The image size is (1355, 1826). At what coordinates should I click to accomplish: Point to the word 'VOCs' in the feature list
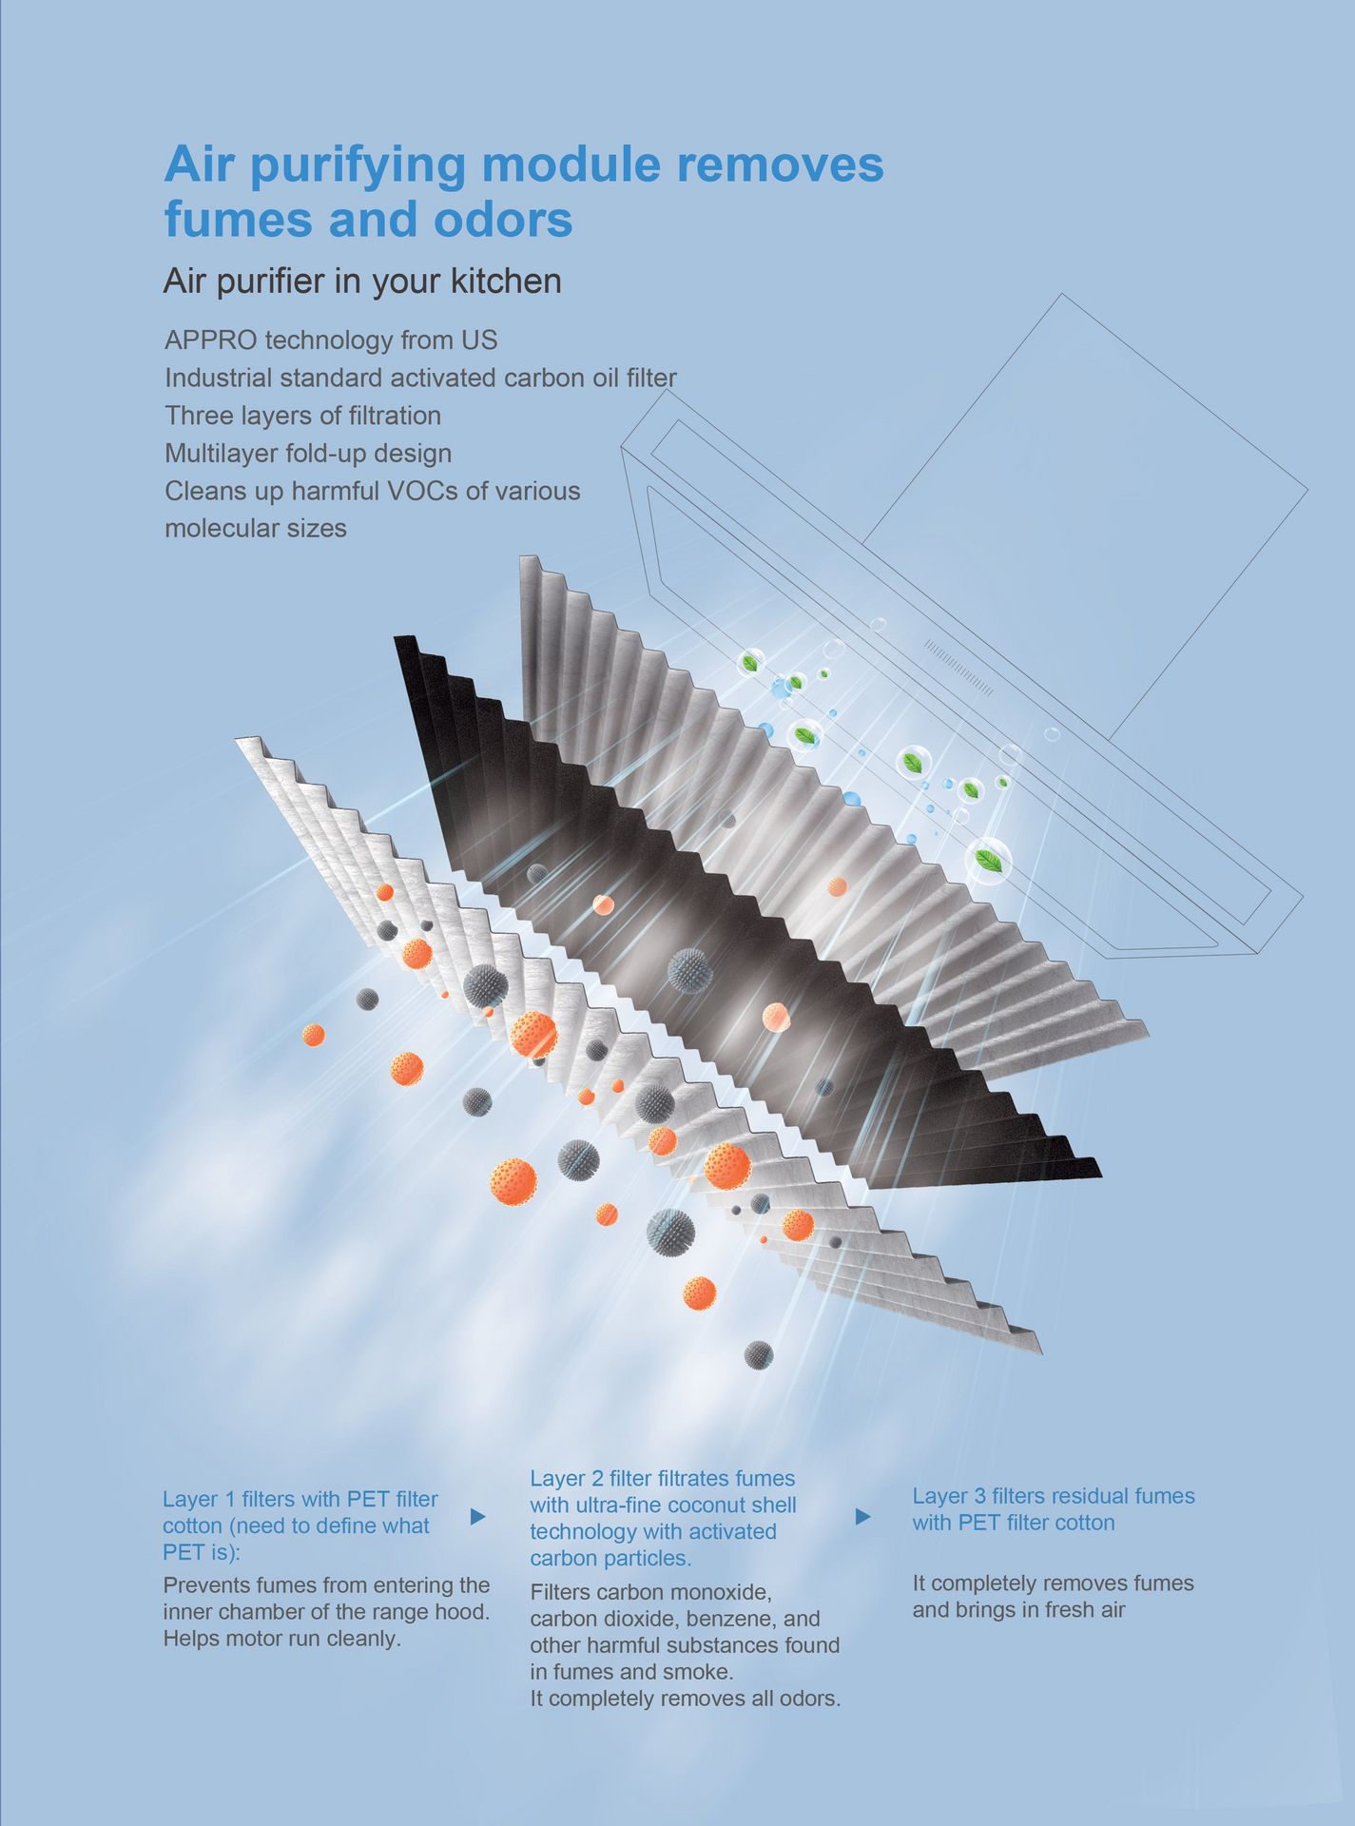(x=422, y=491)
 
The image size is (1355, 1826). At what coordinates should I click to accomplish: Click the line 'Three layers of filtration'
(x=303, y=416)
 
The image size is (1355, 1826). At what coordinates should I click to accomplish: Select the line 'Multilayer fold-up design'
(x=308, y=454)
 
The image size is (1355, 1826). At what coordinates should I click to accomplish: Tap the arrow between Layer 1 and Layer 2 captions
(x=478, y=1516)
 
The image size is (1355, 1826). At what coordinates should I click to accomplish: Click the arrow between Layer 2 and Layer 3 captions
(x=862, y=1516)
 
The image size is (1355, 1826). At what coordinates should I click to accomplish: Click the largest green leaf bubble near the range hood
(x=989, y=860)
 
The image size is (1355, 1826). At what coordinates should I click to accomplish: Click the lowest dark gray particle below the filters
(x=759, y=1354)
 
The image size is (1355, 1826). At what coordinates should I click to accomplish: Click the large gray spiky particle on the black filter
(x=689, y=970)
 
